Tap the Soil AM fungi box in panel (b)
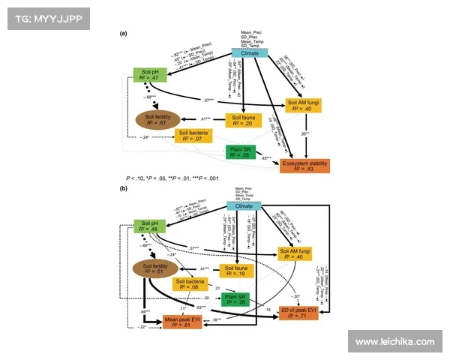pos(298,253)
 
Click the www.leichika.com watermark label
pos(395,342)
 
